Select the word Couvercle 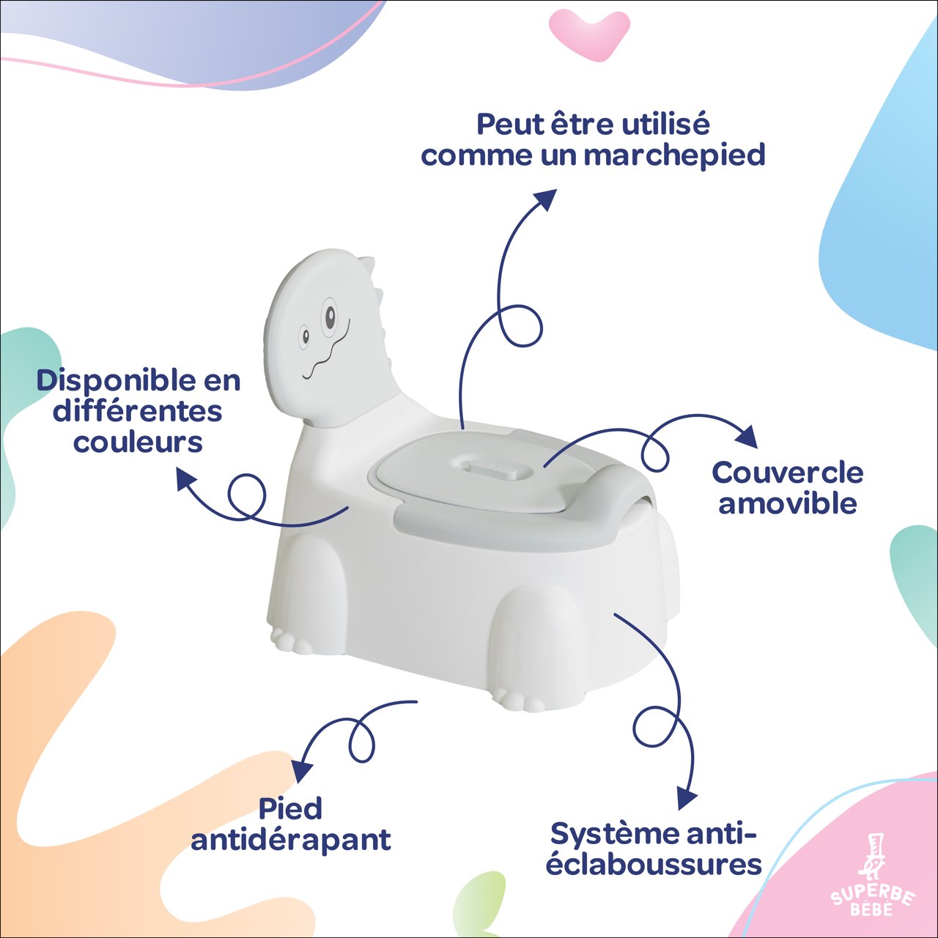[787, 473]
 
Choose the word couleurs [138, 442]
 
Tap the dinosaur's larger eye [330, 317]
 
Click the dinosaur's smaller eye [305, 336]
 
